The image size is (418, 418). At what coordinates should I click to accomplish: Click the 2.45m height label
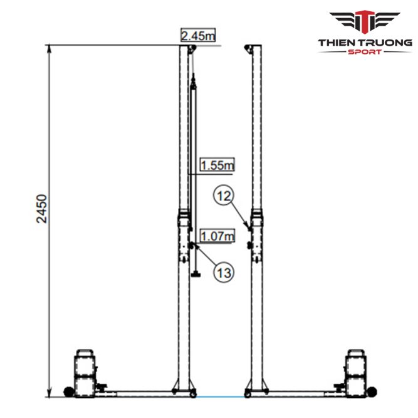click(197, 36)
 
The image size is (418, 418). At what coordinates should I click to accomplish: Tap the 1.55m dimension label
click(217, 165)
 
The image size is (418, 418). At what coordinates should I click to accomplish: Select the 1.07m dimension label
click(217, 236)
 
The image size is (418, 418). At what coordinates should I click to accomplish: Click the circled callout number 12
click(223, 196)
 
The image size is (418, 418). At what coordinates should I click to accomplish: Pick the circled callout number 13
click(224, 271)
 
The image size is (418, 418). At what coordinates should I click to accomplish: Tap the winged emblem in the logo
click(365, 23)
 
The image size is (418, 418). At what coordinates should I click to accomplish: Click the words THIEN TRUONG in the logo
click(365, 42)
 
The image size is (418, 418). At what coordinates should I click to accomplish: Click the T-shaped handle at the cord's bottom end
click(196, 274)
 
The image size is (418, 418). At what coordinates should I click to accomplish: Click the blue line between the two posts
click(219, 397)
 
